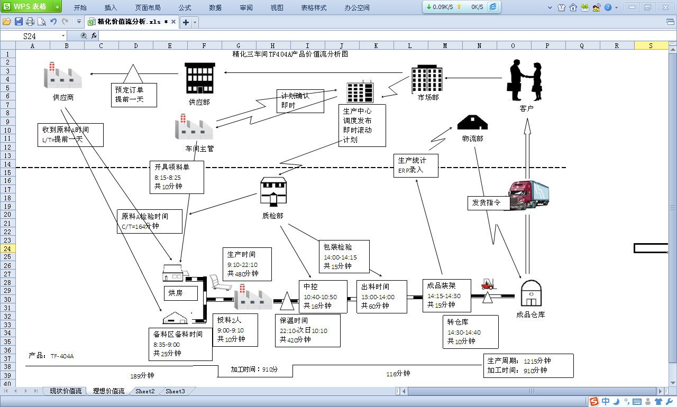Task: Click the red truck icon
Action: point(528,195)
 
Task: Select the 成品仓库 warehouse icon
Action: point(530,293)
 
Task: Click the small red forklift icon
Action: point(487,284)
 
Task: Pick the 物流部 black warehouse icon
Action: point(472,123)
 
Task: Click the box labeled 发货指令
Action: point(489,203)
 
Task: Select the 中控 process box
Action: point(323,297)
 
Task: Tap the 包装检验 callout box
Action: point(344,256)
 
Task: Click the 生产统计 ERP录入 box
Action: point(416,165)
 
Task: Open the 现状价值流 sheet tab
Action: point(66,391)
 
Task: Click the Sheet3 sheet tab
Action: point(175,391)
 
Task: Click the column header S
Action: point(651,46)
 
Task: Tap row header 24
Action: point(7,248)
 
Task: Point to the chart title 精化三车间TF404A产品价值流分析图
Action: point(290,54)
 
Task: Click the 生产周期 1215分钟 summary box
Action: point(528,365)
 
